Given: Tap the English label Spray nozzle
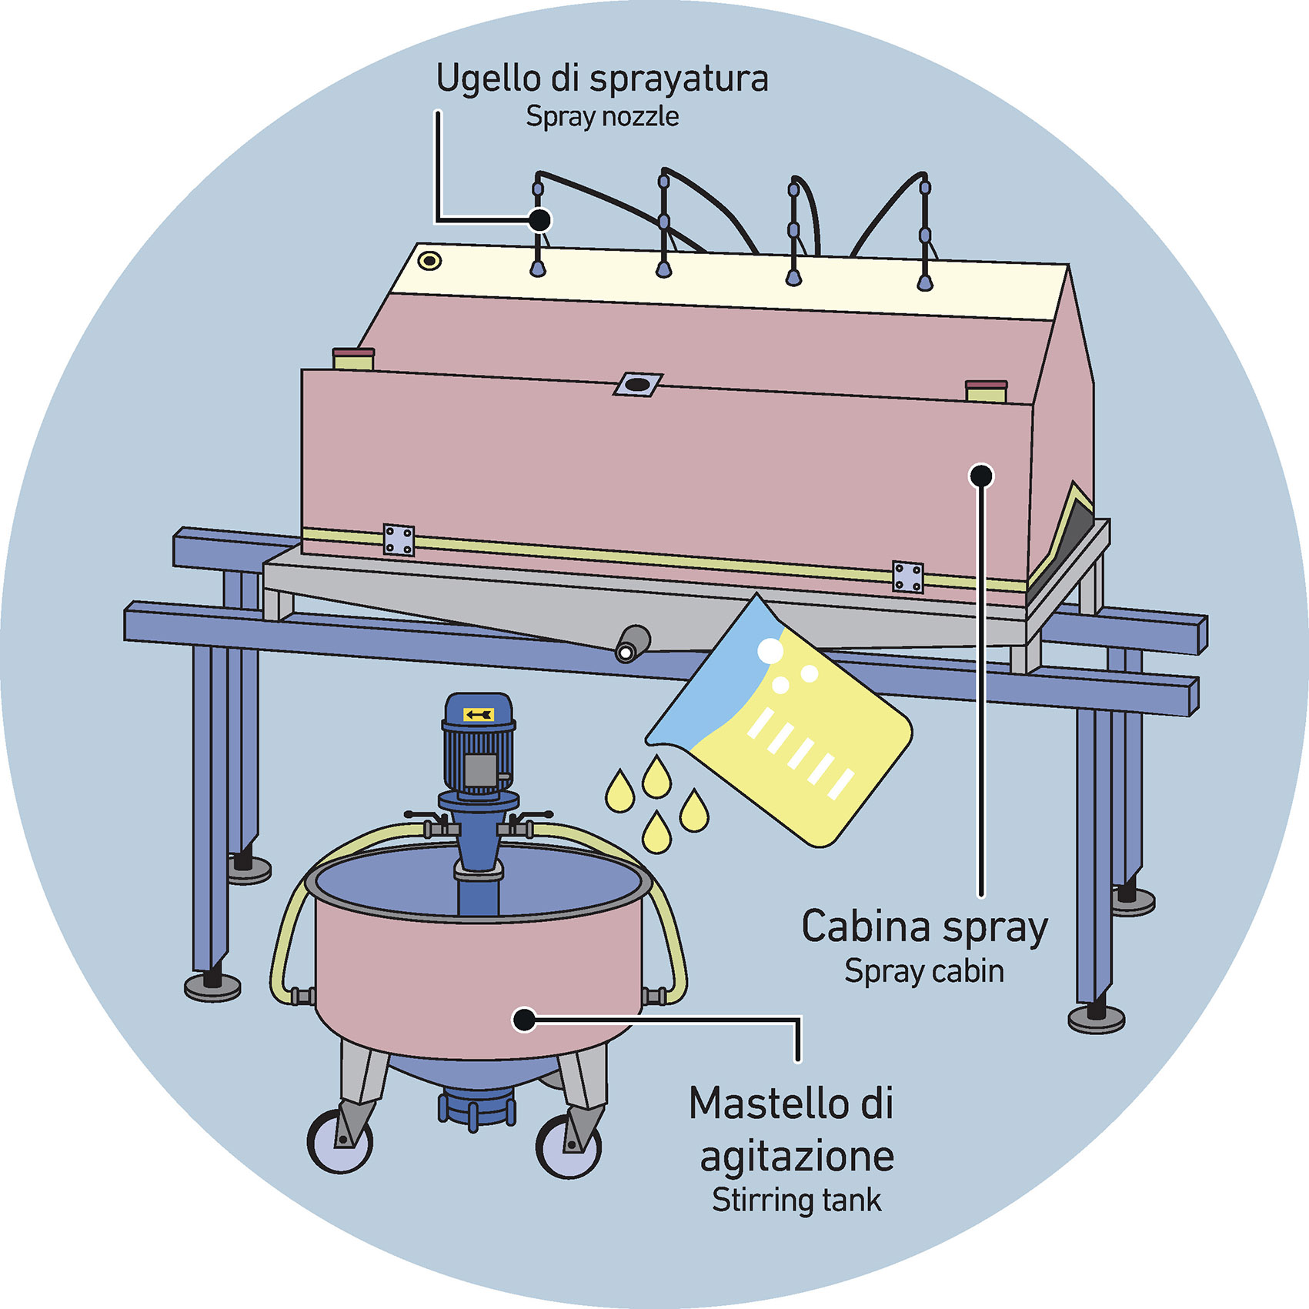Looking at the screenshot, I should [x=602, y=117].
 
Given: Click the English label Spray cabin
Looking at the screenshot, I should [x=923, y=971].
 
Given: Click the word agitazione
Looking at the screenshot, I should [x=797, y=1156].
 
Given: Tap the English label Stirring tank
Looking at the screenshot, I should [x=796, y=1200].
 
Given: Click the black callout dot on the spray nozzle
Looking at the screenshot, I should [x=540, y=220].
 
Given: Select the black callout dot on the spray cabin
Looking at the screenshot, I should [x=980, y=476].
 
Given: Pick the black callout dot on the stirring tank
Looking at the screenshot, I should [x=524, y=1020].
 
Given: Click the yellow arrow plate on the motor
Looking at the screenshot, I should [x=478, y=715].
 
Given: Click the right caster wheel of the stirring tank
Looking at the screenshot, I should [x=568, y=1147].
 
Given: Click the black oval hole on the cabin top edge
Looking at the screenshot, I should [x=637, y=383].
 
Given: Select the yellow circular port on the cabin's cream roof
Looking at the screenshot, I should [x=429, y=261].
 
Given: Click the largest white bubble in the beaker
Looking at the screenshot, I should [x=770, y=651].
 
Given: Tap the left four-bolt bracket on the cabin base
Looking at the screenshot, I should [x=399, y=540].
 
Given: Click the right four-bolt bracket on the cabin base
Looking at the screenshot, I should [x=907, y=577].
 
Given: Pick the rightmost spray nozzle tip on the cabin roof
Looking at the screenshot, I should [x=925, y=283].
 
